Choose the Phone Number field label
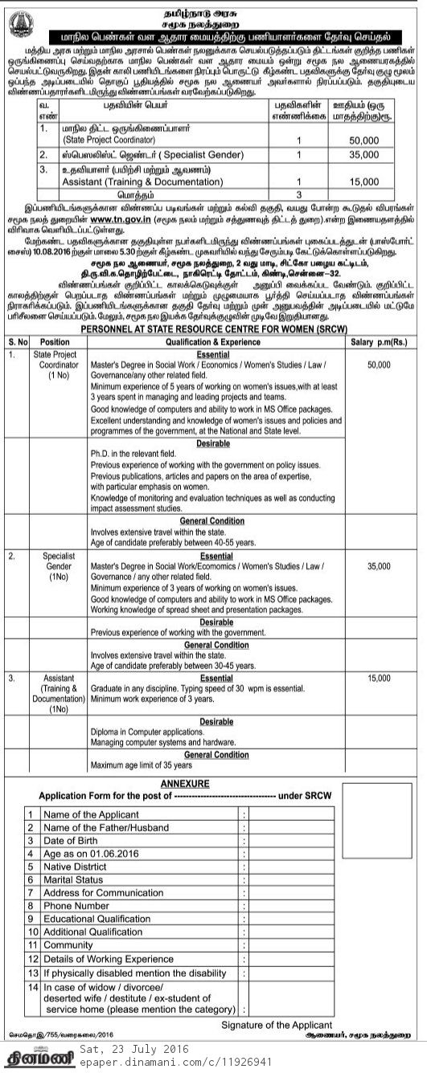(x=76, y=906)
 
